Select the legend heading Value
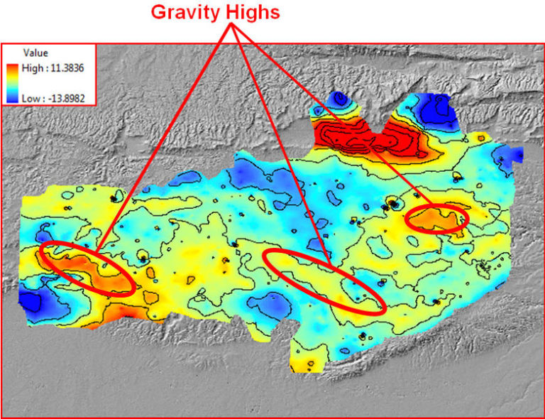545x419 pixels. [35, 53]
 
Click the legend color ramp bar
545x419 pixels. [13, 82]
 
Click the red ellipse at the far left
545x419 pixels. [87, 268]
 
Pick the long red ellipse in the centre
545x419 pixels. [324, 281]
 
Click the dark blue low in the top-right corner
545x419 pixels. [433, 109]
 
